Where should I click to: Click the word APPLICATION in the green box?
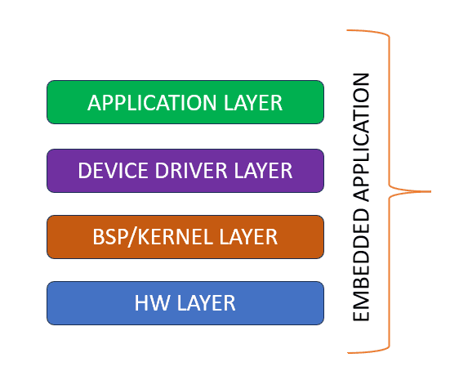(152, 102)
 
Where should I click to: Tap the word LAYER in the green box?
(253, 102)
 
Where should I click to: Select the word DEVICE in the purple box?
(113, 171)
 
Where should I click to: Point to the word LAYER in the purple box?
(264, 171)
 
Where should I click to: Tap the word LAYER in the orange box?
(248, 237)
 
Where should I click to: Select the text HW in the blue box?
(152, 303)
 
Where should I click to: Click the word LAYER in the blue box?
(206, 303)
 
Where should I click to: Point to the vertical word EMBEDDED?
(361, 265)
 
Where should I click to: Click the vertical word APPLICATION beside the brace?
(361, 137)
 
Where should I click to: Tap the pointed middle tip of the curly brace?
(430, 191)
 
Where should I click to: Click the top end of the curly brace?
(348, 30)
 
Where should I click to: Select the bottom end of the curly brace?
(348, 352)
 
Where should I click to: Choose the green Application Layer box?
(185, 102)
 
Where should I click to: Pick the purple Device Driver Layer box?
(185, 171)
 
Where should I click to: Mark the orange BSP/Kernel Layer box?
(185, 237)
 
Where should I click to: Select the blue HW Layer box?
(185, 303)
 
